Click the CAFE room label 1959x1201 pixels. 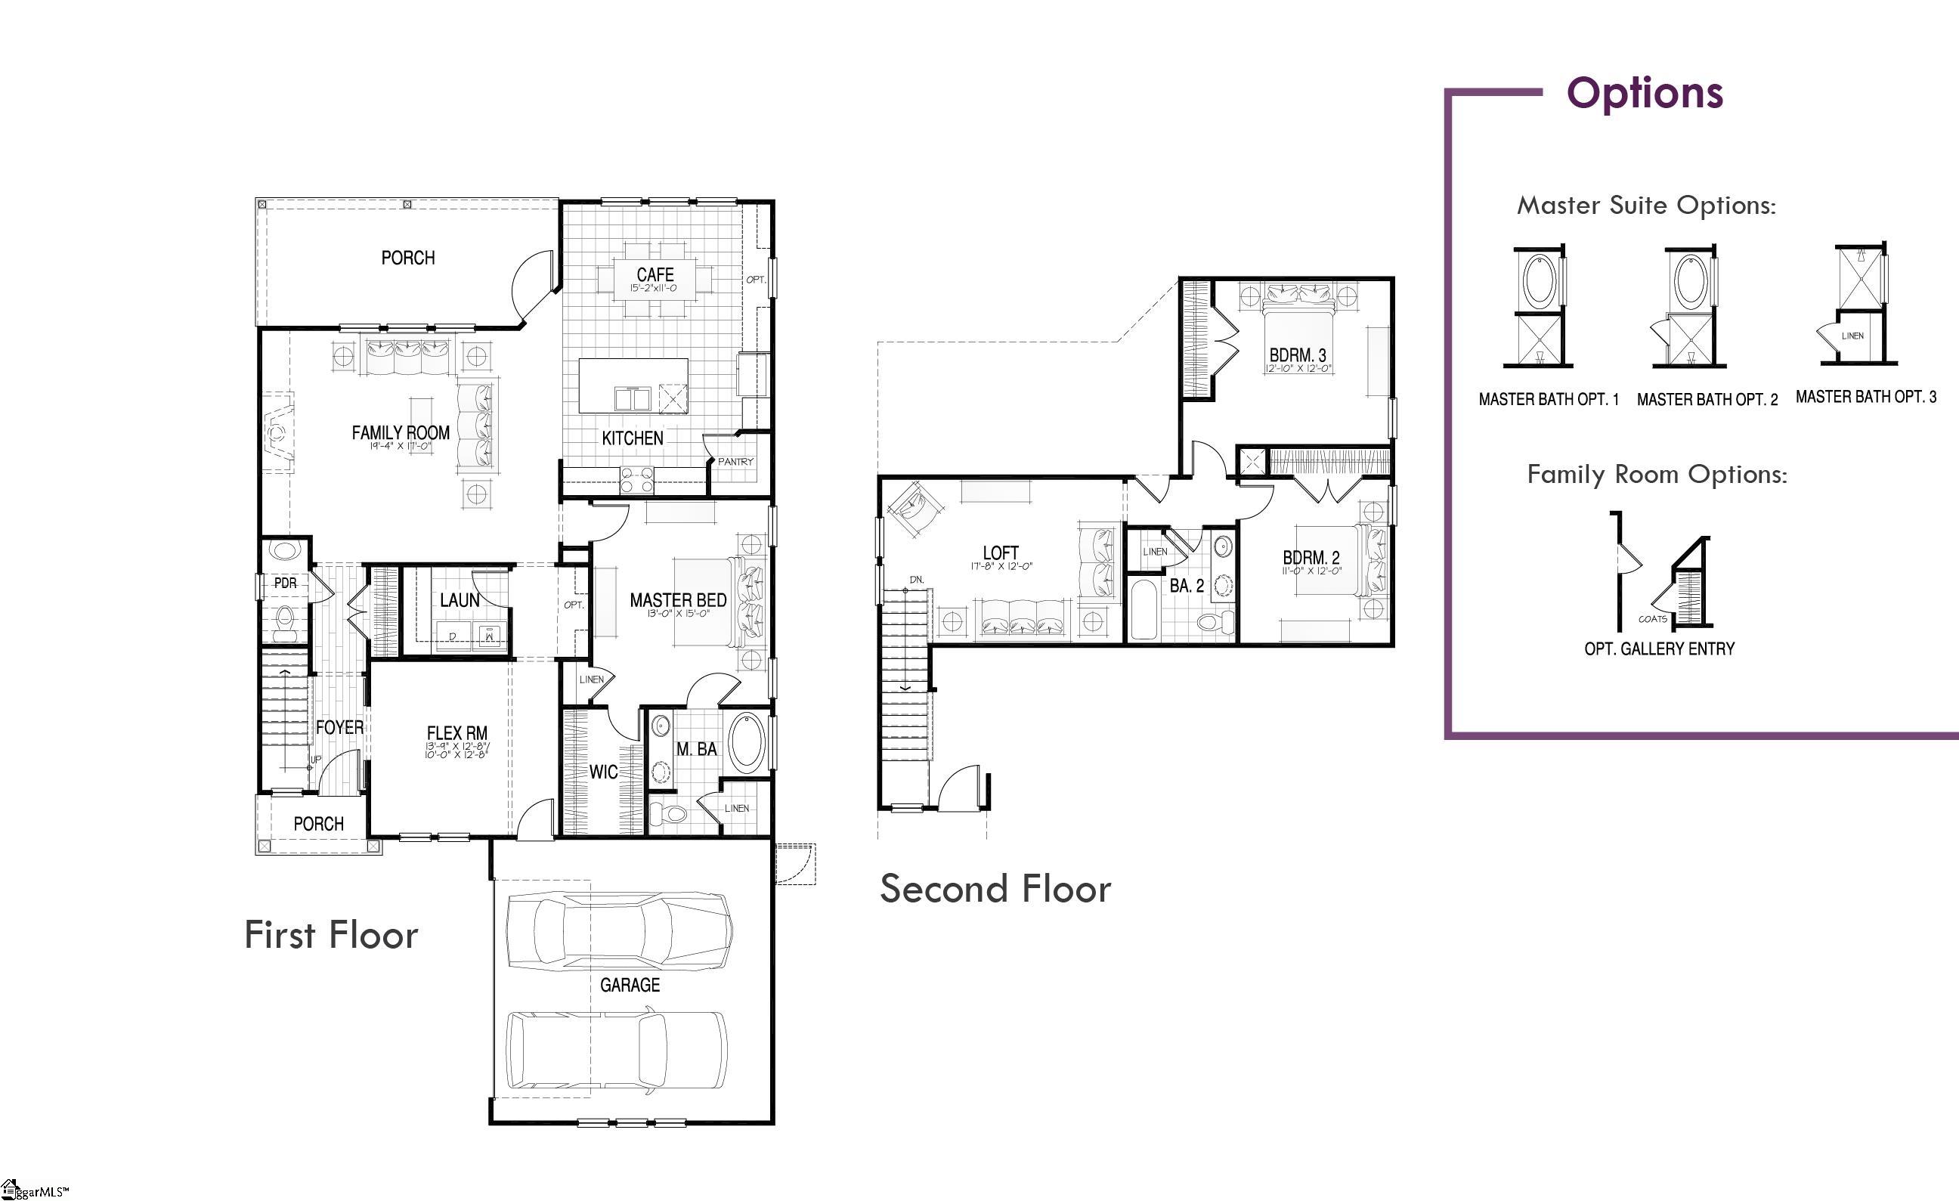tap(655, 274)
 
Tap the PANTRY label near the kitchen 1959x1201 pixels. tap(735, 461)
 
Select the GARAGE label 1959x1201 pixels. tap(630, 985)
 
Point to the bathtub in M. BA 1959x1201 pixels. tap(746, 742)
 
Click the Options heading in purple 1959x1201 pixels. tap(1644, 93)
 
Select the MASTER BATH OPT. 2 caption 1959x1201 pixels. tap(1707, 400)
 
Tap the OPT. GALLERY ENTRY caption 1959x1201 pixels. tap(1659, 648)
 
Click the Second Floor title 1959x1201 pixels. tap(995, 889)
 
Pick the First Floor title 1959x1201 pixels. tap(331, 935)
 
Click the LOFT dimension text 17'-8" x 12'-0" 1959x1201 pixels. tap(1000, 567)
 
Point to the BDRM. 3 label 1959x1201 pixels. tap(1298, 354)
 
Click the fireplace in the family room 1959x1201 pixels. tap(276, 432)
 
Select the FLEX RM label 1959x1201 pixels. tap(457, 733)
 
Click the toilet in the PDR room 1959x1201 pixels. tap(284, 622)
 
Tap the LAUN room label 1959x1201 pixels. tap(460, 600)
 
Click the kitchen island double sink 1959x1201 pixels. tap(633, 398)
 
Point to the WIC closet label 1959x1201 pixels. tap(602, 772)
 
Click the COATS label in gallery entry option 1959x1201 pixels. tap(1652, 618)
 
